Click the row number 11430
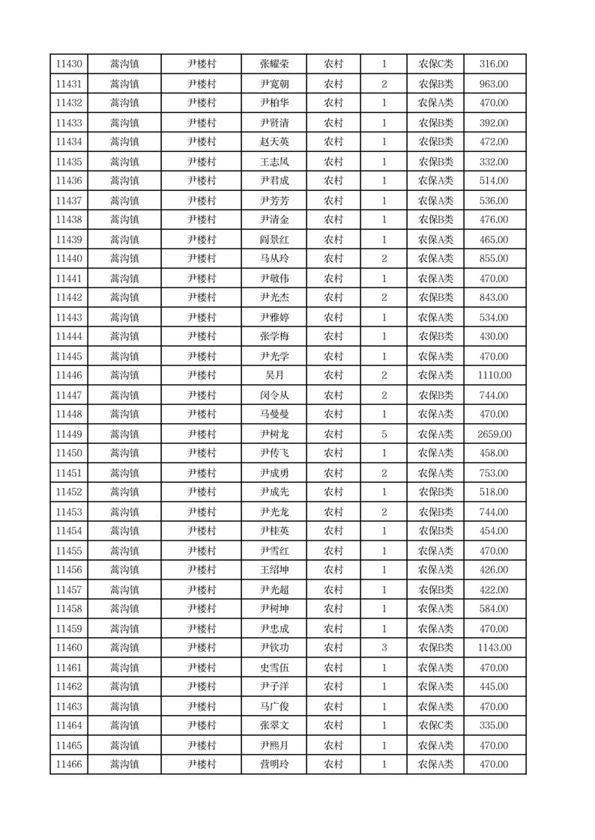[69, 64]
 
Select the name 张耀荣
[274, 64]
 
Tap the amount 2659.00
[494, 434]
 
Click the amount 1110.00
[494, 376]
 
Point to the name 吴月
[274, 376]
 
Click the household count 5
[384, 434]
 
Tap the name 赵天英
[274, 142]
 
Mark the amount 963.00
[494, 84]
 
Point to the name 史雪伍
[274, 668]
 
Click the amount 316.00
[494, 64]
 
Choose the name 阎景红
[274, 240]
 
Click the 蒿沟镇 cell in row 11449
[124, 434]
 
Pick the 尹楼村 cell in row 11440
[202, 259]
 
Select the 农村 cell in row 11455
[333, 551]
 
